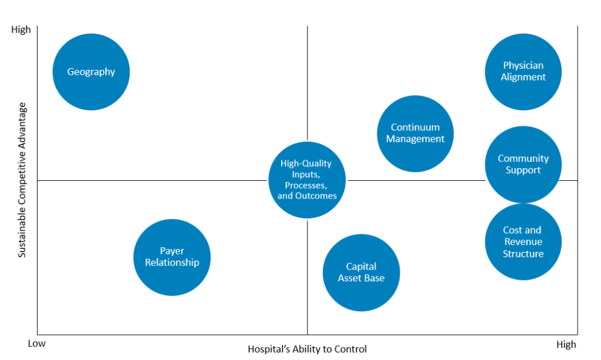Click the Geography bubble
[91, 72]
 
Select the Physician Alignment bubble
[523, 72]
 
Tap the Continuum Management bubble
[415, 133]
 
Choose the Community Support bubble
[523, 164]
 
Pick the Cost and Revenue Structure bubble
[523, 241]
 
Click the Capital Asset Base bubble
[361, 272]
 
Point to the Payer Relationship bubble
[172, 257]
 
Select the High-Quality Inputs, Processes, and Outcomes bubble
[307, 180]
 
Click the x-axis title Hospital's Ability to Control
[307, 349]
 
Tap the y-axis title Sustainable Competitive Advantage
[22, 180]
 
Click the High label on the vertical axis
[21, 29]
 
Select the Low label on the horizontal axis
[37, 344]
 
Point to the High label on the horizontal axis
[566, 345]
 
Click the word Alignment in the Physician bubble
[523, 77]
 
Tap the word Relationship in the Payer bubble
[172, 263]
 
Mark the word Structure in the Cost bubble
[523, 254]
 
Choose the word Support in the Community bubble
[523, 170]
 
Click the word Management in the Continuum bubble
[415, 139]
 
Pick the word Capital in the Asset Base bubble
[361, 267]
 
